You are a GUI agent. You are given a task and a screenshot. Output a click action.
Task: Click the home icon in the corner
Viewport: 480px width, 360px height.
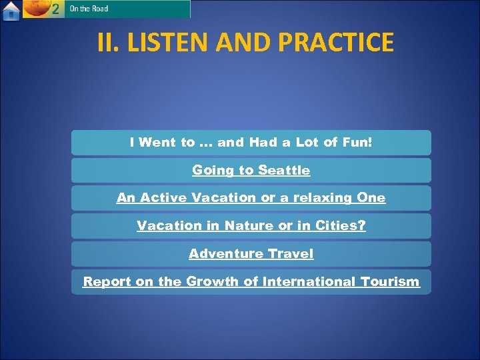[x=11, y=10]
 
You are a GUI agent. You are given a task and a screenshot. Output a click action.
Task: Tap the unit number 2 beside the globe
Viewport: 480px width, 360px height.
[x=55, y=9]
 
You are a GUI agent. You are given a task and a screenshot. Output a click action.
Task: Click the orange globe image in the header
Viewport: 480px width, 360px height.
[x=36, y=9]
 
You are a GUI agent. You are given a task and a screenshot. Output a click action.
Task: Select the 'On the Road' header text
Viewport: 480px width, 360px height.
[x=89, y=9]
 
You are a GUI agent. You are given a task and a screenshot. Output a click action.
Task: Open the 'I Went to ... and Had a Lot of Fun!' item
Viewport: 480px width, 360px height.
[x=251, y=142]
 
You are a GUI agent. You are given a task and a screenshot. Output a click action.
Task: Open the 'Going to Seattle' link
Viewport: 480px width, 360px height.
[x=251, y=170]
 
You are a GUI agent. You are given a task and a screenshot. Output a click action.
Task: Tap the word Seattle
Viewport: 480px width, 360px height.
[x=284, y=170]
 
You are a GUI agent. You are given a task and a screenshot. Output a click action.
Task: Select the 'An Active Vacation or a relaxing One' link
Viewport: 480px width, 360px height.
[x=251, y=198]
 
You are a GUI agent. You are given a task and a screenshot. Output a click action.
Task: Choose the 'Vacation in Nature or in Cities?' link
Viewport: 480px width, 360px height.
[x=251, y=226]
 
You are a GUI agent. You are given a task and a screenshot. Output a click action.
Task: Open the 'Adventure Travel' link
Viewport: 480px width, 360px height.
[x=251, y=254]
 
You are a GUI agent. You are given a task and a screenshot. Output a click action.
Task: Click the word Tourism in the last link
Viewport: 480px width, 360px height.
[x=385, y=282]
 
